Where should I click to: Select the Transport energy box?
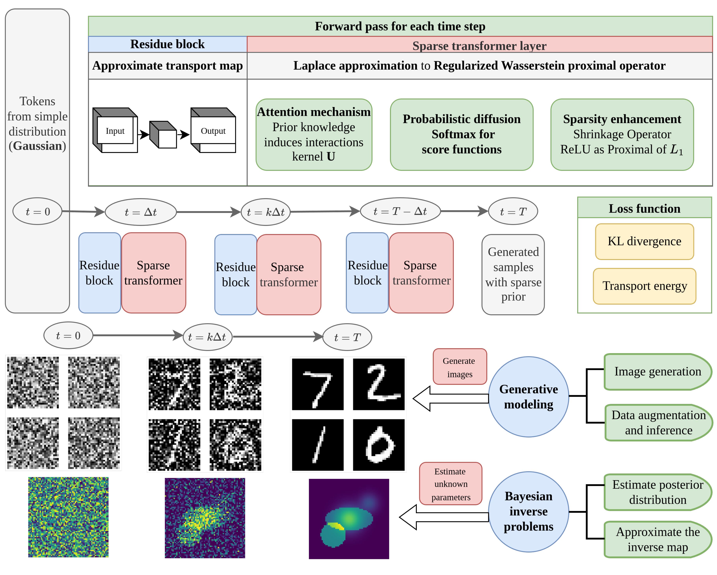(x=644, y=286)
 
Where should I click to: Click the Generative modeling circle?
(x=528, y=397)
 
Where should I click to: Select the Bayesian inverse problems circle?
(x=528, y=512)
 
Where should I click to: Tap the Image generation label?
(x=657, y=371)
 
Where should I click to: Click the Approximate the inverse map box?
(x=657, y=539)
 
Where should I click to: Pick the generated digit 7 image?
(x=318, y=384)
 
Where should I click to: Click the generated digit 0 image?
(x=379, y=445)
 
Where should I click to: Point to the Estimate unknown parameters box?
(x=451, y=484)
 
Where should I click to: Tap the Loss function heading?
(x=644, y=209)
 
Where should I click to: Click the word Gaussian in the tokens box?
(x=37, y=146)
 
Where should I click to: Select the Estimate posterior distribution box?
(x=657, y=492)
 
